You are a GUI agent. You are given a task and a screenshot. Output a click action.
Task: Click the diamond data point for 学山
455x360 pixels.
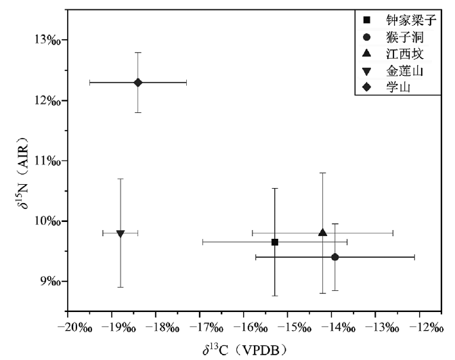pos(137,83)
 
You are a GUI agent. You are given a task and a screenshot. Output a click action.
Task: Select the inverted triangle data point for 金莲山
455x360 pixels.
pos(121,233)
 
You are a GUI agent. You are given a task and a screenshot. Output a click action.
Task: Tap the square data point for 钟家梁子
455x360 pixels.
pos(275,242)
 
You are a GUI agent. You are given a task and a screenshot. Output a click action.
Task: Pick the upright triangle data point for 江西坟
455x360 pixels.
pos(323,232)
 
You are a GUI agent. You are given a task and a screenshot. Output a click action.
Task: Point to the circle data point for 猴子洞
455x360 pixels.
pos(335,257)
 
